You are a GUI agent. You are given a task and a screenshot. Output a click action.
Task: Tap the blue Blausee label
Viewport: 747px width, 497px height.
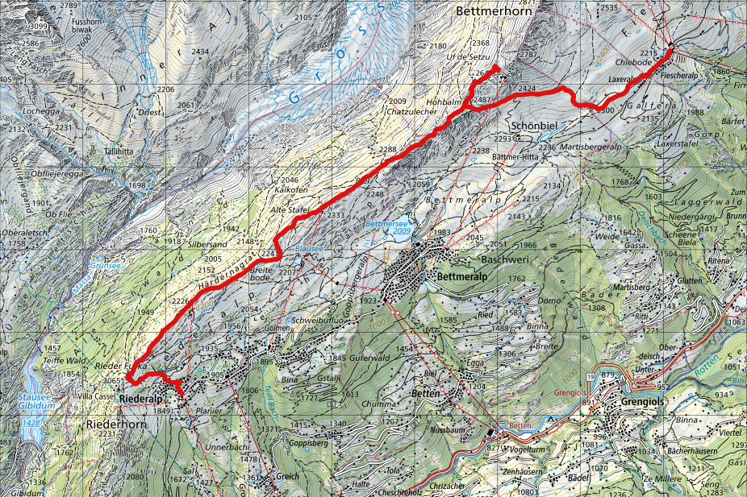[308, 250]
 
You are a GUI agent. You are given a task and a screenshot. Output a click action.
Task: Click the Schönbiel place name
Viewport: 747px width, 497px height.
[536, 126]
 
